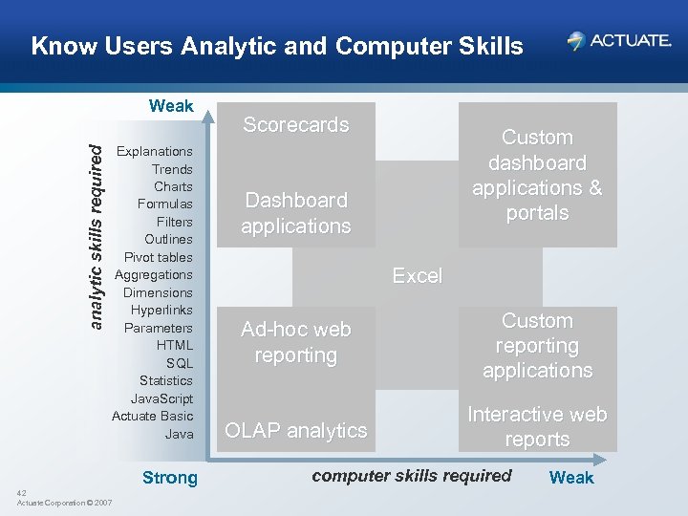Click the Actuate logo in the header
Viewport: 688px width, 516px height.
tap(618, 40)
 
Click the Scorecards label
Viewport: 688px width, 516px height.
tap(296, 124)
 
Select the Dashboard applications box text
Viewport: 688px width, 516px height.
tap(296, 213)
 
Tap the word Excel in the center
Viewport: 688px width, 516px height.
tap(418, 276)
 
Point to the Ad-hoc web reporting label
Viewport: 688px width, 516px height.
tap(296, 342)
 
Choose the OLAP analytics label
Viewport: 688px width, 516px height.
tap(296, 431)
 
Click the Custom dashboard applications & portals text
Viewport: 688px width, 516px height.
tap(537, 175)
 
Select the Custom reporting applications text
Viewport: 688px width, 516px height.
tap(537, 346)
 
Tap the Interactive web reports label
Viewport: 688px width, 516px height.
tap(537, 427)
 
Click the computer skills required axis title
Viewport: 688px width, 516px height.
tap(412, 476)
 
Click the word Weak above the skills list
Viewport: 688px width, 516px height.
tap(171, 106)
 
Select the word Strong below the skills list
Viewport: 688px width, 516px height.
tap(169, 478)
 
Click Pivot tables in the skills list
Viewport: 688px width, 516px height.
tap(158, 257)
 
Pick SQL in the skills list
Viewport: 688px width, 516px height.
tap(179, 363)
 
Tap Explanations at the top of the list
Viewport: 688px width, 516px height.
tap(154, 151)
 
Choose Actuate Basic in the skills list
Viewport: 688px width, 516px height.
tap(152, 416)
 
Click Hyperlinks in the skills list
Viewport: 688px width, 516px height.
tap(161, 310)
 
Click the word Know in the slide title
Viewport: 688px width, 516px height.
tap(57, 46)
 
